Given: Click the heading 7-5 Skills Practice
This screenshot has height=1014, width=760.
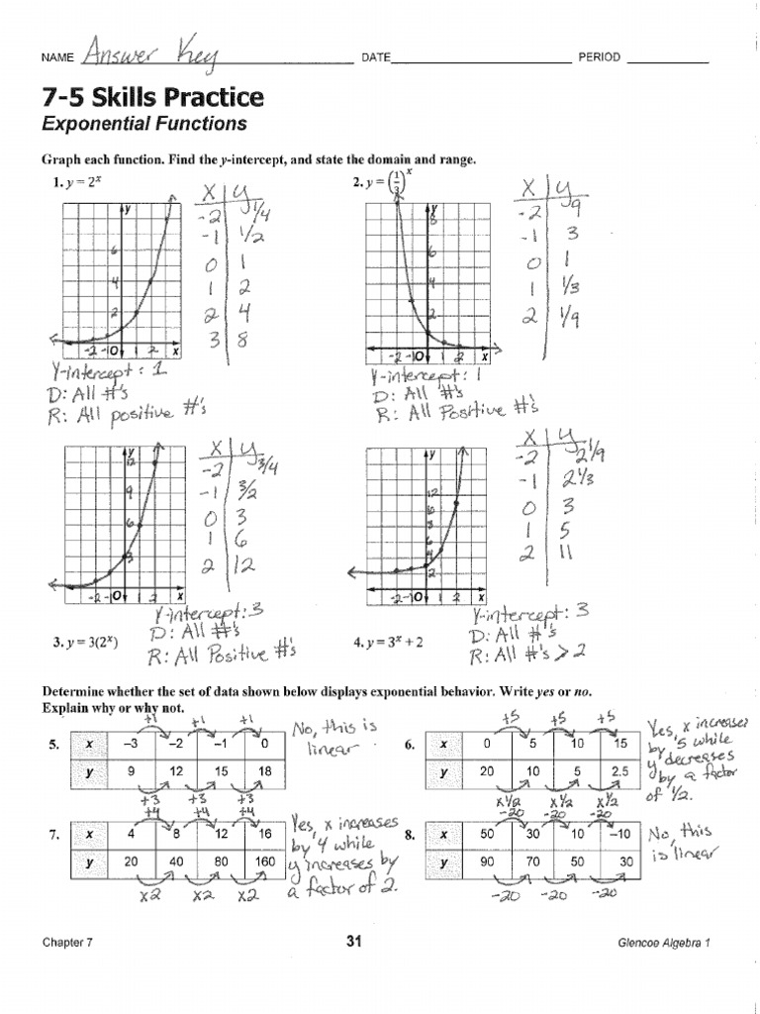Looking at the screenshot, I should (152, 97).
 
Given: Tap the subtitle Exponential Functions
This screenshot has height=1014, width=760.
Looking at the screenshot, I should (142, 124).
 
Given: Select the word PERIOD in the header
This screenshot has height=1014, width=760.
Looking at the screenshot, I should (600, 57).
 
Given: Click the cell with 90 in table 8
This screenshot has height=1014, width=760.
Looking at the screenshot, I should (486, 862).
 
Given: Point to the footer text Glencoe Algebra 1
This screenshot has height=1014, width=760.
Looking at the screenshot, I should (662, 944).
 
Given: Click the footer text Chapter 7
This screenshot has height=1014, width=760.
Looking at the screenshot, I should (67, 944).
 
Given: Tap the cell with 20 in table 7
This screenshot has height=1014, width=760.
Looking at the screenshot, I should (132, 862).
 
